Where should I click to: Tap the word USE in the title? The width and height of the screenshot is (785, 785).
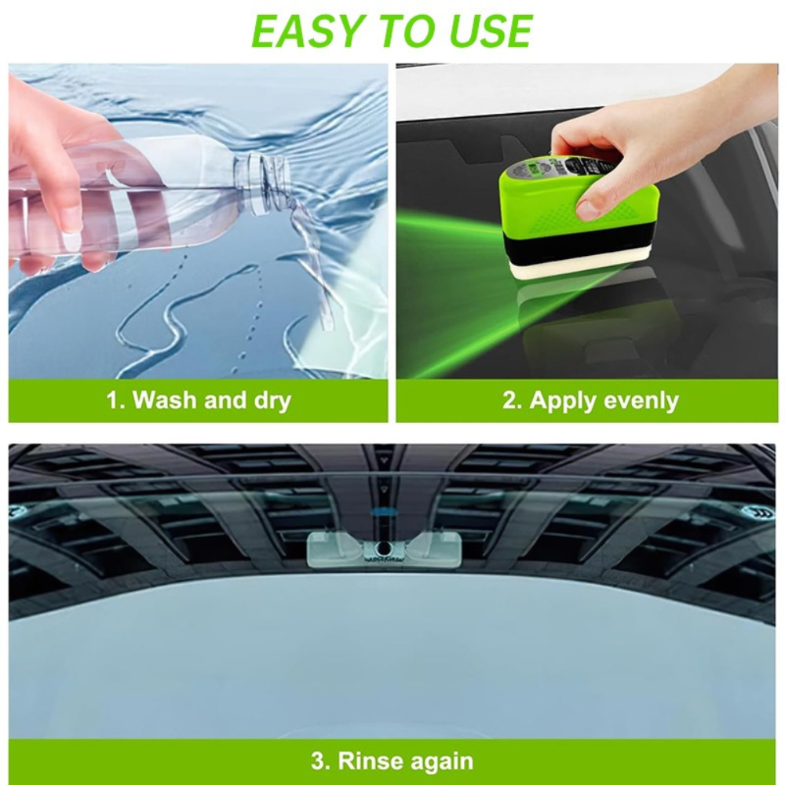click(x=487, y=31)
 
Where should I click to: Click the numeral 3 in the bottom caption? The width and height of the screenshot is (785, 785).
click(x=318, y=761)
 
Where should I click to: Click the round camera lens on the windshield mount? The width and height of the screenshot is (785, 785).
click(x=385, y=547)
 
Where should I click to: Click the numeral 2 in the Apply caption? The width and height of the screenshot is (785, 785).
click(x=508, y=400)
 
